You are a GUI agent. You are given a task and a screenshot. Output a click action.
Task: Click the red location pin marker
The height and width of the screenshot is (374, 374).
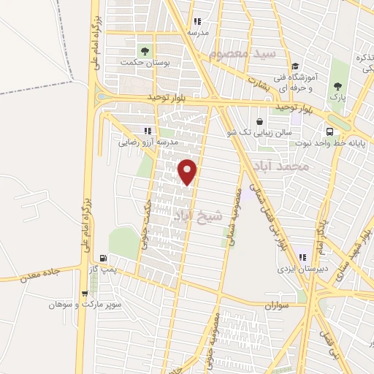188,171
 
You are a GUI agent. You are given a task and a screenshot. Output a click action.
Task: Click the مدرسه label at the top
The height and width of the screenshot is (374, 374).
197,33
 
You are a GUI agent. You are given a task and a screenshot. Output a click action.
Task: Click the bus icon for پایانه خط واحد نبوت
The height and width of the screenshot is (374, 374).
331,131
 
